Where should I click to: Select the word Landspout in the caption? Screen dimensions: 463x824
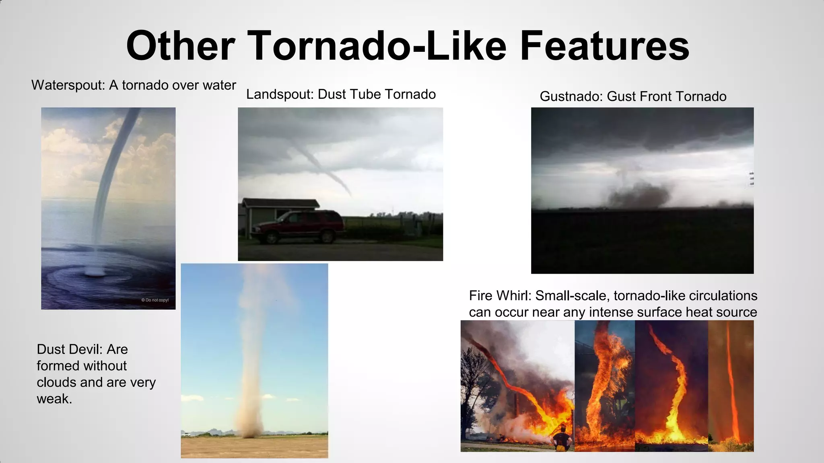click(280, 94)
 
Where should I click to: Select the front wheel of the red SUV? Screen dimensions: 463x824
click(271, 238)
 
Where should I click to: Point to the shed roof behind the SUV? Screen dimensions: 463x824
click(282, 203)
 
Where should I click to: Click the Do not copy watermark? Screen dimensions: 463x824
click(155, 300)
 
